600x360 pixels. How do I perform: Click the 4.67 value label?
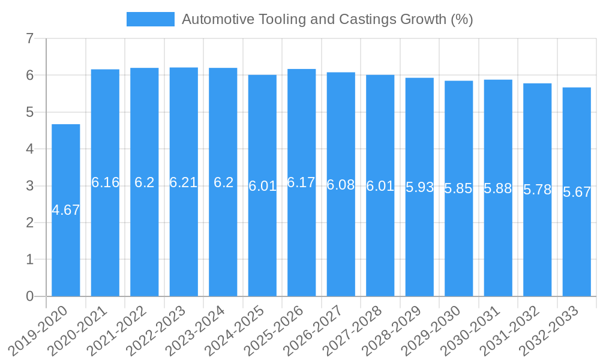click(x=65, y=210)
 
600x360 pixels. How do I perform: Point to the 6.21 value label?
click(x=184, y=182)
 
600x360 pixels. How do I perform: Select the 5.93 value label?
click(x=419, y=187)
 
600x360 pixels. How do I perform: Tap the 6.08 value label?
click(x=341, y=185)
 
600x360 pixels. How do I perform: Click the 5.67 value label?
click(x=577, y=192)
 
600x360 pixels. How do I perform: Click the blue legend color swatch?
click(x=150, y=19)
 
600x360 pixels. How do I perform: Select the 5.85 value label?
click(x=458, y=188)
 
